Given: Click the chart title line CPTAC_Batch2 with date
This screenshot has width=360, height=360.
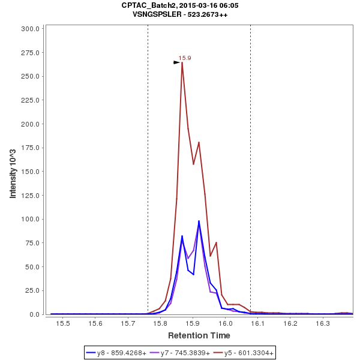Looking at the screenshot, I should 180,5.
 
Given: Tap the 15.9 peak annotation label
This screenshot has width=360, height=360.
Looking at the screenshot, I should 185,58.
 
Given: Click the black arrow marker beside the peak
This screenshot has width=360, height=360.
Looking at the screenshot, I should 176,62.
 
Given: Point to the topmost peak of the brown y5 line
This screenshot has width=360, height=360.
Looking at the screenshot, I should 182,62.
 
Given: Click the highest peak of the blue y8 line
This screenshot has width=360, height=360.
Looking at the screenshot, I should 199,221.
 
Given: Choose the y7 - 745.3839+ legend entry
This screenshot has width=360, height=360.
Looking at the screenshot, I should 180,353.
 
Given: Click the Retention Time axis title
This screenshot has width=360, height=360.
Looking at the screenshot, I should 199,335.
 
